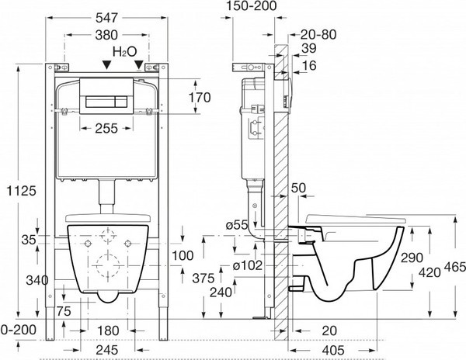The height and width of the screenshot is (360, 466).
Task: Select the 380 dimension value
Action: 108,34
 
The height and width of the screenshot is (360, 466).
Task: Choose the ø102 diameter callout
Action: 248,265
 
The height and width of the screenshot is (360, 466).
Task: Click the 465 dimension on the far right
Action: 454,266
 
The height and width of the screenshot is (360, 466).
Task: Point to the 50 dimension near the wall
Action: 299,189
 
